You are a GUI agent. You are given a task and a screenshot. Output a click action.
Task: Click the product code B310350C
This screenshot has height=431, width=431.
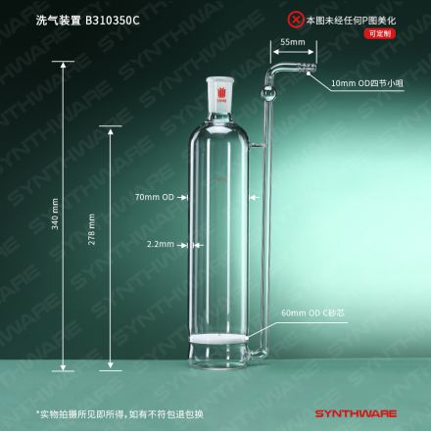[112, 21]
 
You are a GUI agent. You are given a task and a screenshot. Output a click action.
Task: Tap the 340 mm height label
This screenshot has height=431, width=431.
[55, 214]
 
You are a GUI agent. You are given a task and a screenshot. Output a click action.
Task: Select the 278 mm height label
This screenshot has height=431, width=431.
[91, 229]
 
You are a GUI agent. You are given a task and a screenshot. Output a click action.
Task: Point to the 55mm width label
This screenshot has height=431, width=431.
[293, 42]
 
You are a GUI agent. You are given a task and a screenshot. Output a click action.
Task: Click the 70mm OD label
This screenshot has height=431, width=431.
[155, 197]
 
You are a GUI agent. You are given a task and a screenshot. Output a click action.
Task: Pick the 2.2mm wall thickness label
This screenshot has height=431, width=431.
[161, 244]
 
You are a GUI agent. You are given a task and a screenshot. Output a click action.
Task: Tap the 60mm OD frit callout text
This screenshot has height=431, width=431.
[312, 312]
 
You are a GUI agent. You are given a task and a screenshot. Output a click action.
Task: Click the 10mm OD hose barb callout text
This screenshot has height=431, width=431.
[367, 83]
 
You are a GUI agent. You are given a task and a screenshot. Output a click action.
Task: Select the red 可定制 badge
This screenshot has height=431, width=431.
[380, 33]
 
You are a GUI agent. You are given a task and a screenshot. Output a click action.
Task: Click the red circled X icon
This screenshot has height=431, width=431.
[296, 20]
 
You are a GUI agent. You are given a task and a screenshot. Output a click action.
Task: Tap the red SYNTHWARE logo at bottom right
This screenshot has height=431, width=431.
[356, 413]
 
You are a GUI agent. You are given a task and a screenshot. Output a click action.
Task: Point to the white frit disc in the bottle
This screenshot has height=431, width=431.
[218, 339]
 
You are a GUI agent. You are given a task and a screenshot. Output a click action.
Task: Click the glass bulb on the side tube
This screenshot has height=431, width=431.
[267, 94]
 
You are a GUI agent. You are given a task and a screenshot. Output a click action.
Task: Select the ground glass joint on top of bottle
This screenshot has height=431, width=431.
[218, 95]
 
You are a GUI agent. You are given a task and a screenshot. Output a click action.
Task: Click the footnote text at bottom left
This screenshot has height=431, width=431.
[120, 414]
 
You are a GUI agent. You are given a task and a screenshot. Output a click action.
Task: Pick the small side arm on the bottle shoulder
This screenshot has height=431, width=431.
[257, 145]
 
